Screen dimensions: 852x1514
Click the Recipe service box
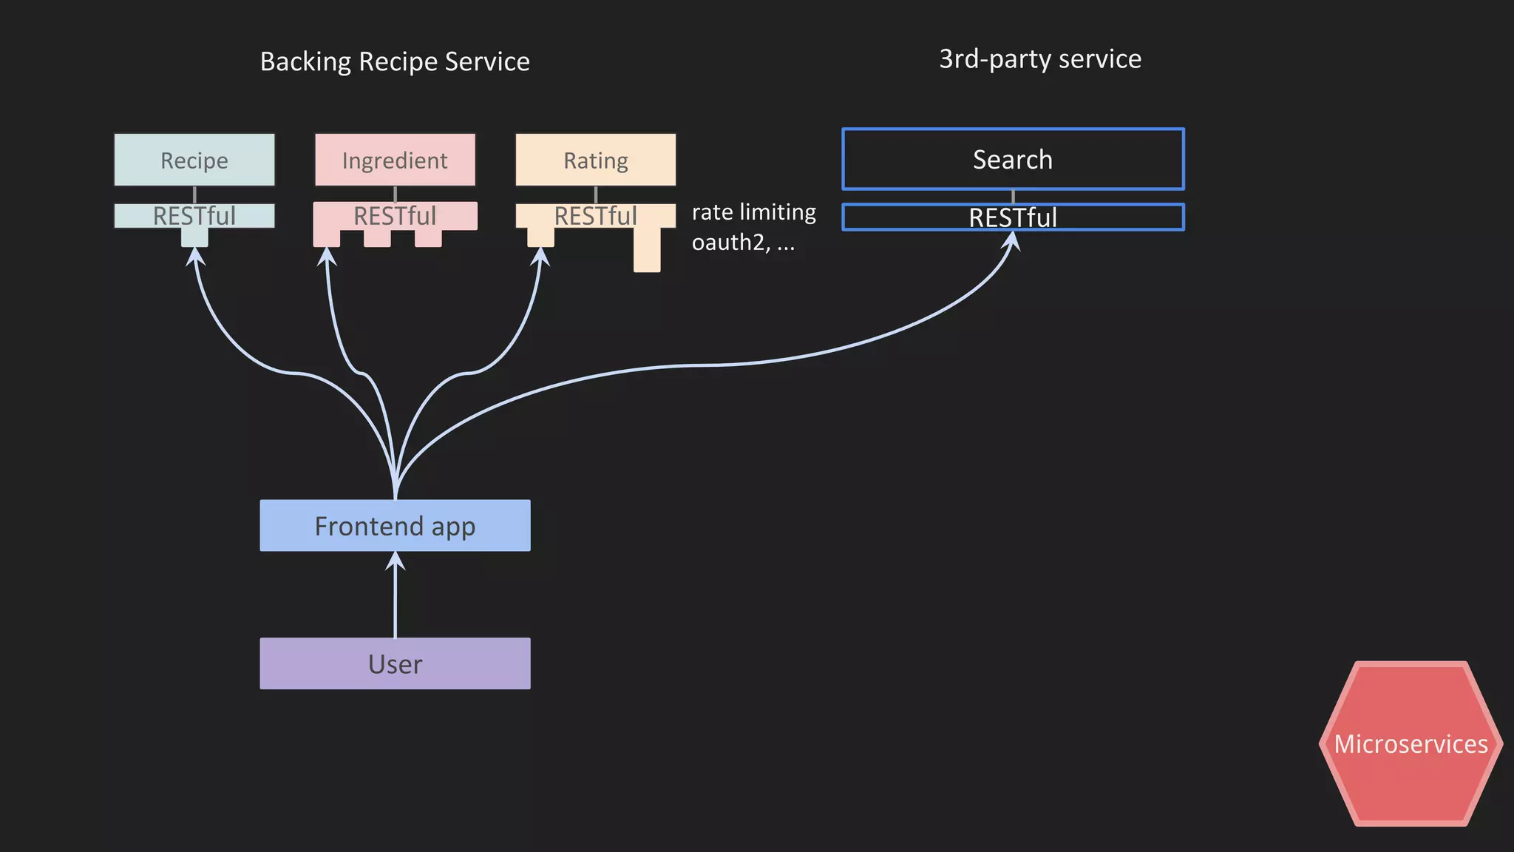[x=194, y=160]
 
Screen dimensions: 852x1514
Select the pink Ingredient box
[x=395, y=160]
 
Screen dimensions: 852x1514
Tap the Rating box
[x=595, y=160]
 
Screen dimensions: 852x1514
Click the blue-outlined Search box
[x=1013, y=159]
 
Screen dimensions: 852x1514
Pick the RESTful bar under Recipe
[x=194, y=215]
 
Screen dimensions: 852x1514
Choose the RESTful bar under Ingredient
[x=395, y=215]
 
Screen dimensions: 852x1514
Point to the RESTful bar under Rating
[x=595, y=215]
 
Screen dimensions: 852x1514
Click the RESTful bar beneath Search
[x=1013, y=217]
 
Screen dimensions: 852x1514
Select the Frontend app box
[x=395, y=526]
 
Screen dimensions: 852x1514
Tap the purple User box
[x=395, y=663]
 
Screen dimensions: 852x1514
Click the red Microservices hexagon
[x=1411, y=744]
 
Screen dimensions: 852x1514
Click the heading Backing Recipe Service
[x=395, y=61]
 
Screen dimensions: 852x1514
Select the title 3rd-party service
[x=1039, y=59]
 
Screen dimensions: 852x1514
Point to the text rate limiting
[x=753, y=212]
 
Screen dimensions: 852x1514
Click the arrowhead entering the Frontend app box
[x=396, y=561]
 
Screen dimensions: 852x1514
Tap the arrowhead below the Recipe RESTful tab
[x=194, y=257]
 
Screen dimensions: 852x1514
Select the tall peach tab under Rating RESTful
[x=647, y=249]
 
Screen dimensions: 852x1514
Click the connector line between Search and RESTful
[x=1013, y=197]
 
